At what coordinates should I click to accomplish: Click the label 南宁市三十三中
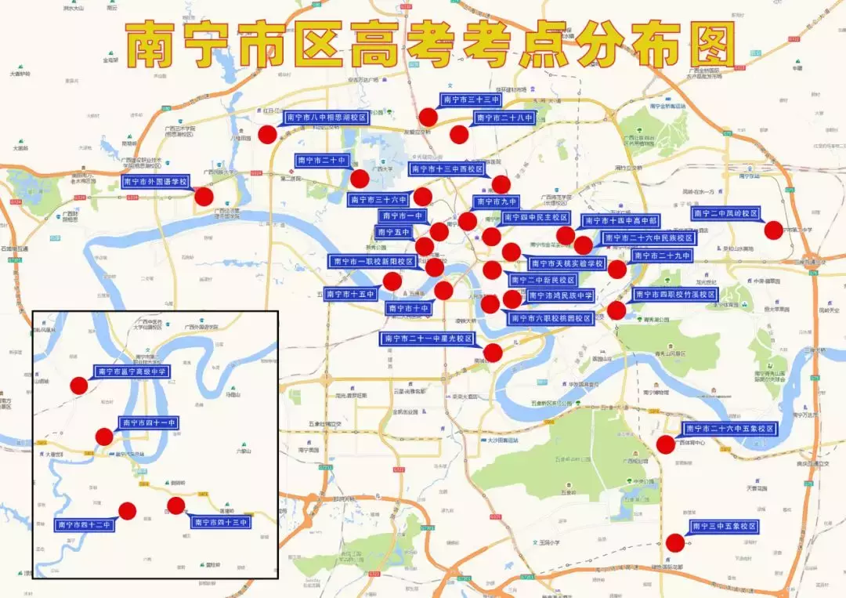472,100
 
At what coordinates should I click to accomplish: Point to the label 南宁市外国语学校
156,182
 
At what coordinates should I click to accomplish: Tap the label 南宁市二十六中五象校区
729,429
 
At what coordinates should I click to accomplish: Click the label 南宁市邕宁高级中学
132,371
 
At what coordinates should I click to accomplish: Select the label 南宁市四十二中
85,524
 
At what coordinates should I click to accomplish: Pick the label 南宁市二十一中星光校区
428,339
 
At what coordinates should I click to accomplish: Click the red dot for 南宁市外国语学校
204,197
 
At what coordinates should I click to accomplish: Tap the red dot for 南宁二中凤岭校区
773,230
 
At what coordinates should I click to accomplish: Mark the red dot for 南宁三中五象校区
674,542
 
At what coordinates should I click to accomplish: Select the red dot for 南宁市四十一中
104,437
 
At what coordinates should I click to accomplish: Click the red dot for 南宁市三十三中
428,118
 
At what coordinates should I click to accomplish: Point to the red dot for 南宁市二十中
359,179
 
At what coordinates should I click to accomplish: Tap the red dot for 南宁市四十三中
176,506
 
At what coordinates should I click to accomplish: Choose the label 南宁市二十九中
662,256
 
